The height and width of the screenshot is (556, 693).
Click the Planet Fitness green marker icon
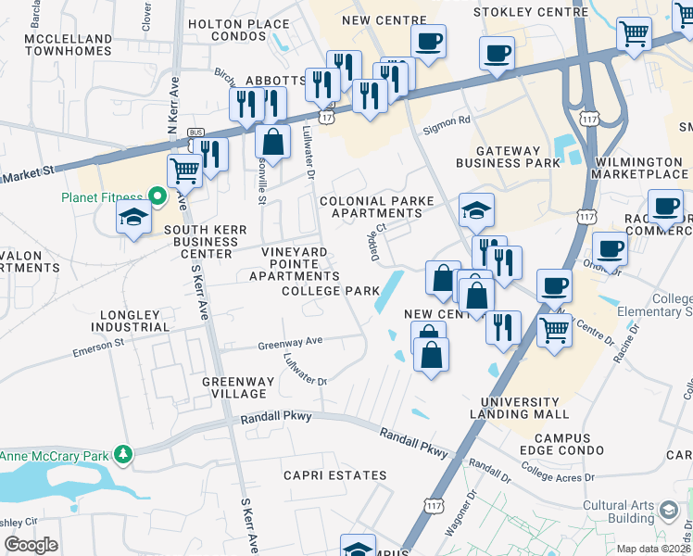(157, 196)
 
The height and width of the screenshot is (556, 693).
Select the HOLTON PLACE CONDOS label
(238, 24)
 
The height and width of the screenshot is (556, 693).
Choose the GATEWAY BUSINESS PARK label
(507, 157)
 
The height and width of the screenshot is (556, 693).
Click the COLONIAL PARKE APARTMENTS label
(370, 207)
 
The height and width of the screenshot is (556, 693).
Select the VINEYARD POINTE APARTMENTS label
(294, 264)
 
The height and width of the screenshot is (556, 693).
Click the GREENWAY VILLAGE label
(238, 387)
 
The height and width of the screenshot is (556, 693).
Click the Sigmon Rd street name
(447, 120)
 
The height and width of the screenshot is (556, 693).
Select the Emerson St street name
(98, 347)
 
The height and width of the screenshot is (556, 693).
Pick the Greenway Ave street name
(290, 342)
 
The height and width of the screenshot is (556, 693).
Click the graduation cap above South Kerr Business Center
(133, 218)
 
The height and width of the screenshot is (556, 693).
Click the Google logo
(31, 544)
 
